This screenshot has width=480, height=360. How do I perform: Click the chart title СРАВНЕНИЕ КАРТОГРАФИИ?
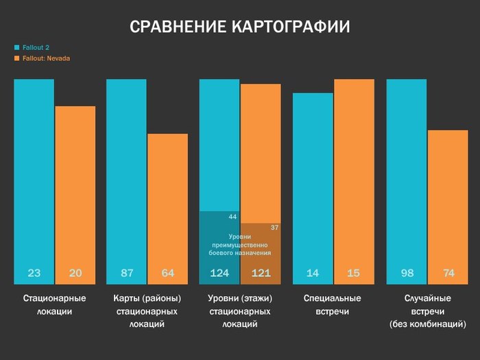[x=240, y=27]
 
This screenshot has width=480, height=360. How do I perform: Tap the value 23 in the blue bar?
[x=34, y=273]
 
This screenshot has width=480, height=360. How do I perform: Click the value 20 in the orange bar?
[x=75, y=273]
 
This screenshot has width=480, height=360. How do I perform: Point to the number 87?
[x=127, y=273]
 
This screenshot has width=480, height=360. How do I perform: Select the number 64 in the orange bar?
[x=168, y=273]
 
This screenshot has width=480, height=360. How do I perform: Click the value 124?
[x=219, y=273]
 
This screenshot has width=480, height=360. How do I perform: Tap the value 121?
[x=261, y=273]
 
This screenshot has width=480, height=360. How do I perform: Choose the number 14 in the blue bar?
[x=313, y=273]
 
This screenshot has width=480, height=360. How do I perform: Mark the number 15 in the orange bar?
[x=354, y=273]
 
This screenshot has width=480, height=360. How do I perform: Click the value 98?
[x=407, y=273]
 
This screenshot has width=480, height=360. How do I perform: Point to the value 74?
[x=448, y=273]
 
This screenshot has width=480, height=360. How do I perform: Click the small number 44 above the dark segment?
[x=232, y=217]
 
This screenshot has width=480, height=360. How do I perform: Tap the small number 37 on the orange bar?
[x=274, y=227]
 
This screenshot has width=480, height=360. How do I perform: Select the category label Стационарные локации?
[x=54, y=305]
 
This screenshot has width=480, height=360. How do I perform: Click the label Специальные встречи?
[x=333, y=305]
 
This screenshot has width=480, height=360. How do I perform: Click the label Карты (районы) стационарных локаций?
[x=147, y=311]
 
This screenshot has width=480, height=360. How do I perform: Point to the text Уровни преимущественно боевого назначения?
[x=239, y=245]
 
